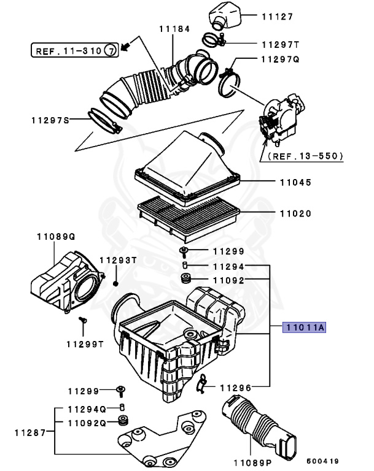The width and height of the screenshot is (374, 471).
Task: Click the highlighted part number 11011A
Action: click(303, 328)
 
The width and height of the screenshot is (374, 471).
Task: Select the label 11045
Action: click(295, 183)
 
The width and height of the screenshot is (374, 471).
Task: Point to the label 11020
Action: click(295, 214)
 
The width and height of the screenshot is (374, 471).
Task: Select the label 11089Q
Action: click(55, 235)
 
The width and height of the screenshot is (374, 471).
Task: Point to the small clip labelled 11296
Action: click(202, 384)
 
